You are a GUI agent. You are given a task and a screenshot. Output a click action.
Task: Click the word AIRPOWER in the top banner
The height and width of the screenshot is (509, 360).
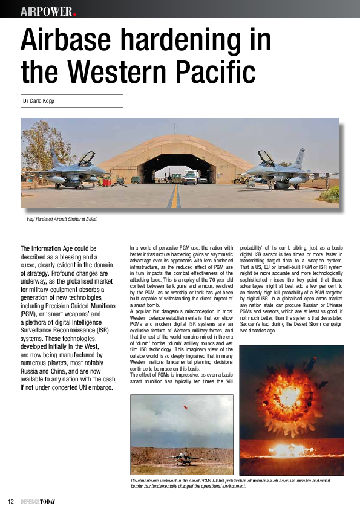pos(46,11)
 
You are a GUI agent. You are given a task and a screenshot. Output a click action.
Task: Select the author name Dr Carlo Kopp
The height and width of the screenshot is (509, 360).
pos(38,101)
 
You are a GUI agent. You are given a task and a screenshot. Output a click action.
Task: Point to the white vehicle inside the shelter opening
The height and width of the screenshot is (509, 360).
pos(190,177)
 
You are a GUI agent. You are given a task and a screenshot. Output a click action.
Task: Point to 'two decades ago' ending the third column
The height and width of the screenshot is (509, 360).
pos(258,331)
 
